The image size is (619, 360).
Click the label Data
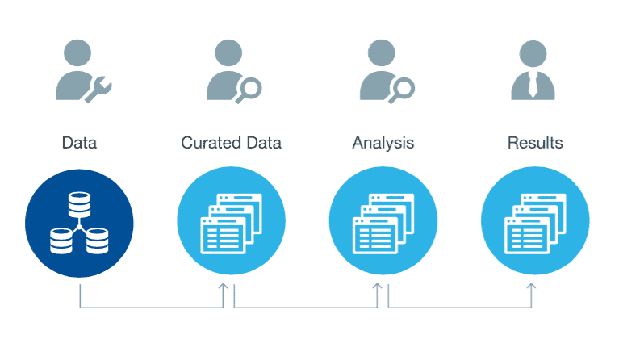79,143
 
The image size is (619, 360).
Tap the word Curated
211,143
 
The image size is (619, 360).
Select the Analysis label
383,144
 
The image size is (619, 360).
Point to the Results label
535,143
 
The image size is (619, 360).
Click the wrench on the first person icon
98,90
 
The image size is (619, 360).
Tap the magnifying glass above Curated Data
249,90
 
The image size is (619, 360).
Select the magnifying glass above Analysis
401,90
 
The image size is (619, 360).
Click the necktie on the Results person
533,85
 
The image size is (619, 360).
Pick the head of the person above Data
77,53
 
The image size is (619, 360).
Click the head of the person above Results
533,53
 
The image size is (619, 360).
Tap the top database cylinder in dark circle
79,204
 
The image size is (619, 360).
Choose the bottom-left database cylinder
61,241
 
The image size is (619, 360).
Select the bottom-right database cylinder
97,241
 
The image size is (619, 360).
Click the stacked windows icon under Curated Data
232,224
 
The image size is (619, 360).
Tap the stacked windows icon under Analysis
383,224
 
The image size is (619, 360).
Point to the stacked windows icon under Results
535,224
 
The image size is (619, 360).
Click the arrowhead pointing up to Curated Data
224,287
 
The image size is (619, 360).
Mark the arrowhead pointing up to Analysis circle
378,287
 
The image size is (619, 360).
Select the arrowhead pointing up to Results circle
531,287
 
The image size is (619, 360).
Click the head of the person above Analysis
382,53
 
